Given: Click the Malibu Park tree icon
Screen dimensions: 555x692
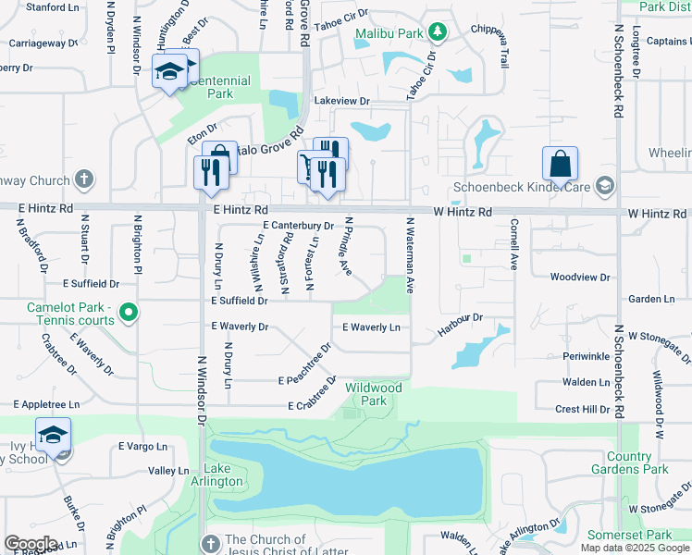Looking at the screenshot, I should (438, 34).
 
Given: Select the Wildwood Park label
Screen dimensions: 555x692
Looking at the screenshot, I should (373, 394).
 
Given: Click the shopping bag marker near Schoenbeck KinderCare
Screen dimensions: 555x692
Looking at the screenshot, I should (561, 166).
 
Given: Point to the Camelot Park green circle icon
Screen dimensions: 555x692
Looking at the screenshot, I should (129, 314).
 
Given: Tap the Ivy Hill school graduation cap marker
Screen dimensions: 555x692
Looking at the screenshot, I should (54, 436).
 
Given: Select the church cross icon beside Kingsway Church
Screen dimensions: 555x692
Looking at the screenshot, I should (83, 179).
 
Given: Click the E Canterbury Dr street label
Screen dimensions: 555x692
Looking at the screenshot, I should (298, 226).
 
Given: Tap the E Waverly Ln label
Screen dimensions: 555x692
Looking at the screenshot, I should (371, 327).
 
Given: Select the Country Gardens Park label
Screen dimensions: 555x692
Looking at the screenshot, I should (637, 462).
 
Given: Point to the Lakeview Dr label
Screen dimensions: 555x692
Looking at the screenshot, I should (341, 101).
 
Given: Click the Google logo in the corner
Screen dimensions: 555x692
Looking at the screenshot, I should (31, 543).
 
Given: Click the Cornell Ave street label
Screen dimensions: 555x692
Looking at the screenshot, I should (513, 243).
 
